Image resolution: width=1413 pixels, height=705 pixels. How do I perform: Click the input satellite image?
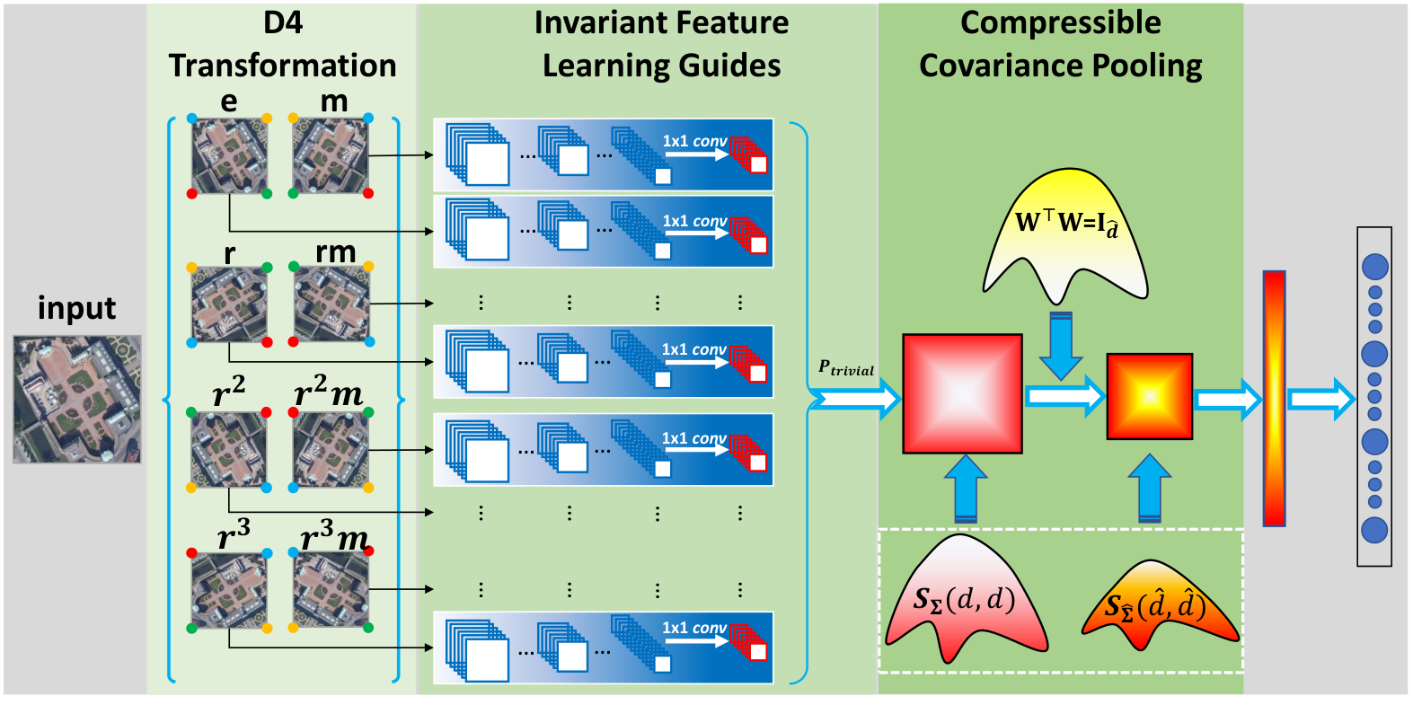77,399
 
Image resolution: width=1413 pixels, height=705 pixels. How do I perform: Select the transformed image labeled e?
230,155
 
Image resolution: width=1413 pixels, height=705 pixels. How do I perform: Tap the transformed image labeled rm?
331,304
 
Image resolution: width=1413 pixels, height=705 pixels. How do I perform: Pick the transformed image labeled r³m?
331,590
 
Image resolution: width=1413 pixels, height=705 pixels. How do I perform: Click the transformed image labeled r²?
229,450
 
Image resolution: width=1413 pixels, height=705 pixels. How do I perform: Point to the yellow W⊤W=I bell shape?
1065,235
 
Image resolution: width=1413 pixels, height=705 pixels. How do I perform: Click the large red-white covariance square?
963,394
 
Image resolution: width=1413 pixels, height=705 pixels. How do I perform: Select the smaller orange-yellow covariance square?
1150,397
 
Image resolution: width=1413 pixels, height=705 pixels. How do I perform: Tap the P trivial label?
846,367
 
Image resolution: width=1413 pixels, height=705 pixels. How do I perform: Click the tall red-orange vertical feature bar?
1275,399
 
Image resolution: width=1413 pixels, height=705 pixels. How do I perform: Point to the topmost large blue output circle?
1375,267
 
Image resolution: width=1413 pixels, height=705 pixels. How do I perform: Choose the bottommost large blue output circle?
1374,531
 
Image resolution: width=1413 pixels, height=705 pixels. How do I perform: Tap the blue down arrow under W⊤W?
1061,346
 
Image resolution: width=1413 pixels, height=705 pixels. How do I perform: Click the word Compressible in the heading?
1060,23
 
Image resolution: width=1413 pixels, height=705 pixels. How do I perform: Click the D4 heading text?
283,23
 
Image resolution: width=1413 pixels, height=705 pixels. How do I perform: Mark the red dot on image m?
368,194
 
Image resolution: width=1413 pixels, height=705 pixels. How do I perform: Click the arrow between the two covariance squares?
1065,396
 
